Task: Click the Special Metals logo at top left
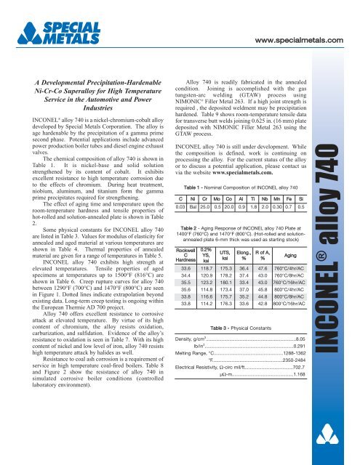49,29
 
